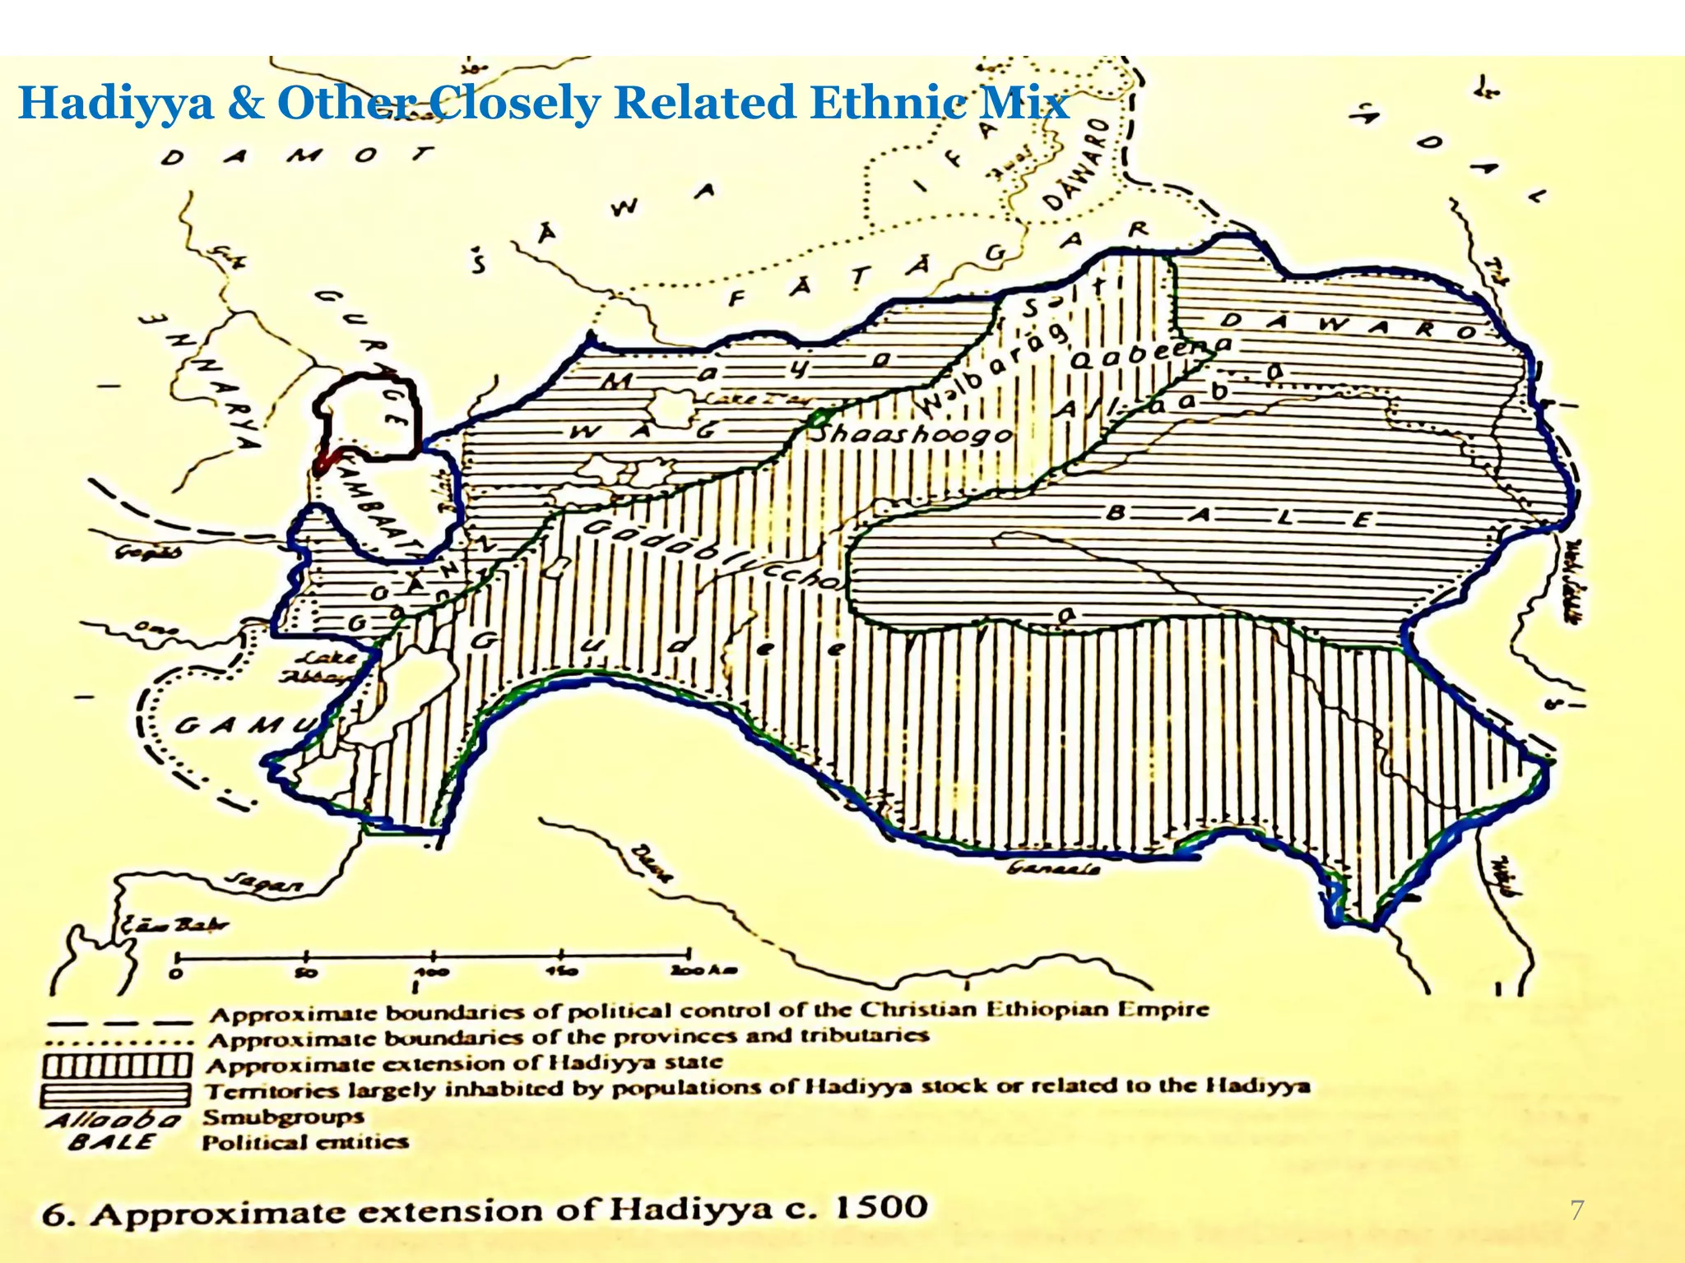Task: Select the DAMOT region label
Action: [297, 155]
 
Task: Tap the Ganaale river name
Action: [1053, 868]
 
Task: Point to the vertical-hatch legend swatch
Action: [118, 1066]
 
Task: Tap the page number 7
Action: [1576, 1210]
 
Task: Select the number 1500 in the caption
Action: [881, 1208]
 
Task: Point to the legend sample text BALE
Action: [110, 1142]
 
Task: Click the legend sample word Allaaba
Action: [114, 1120]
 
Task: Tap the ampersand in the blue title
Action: [245, 104]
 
